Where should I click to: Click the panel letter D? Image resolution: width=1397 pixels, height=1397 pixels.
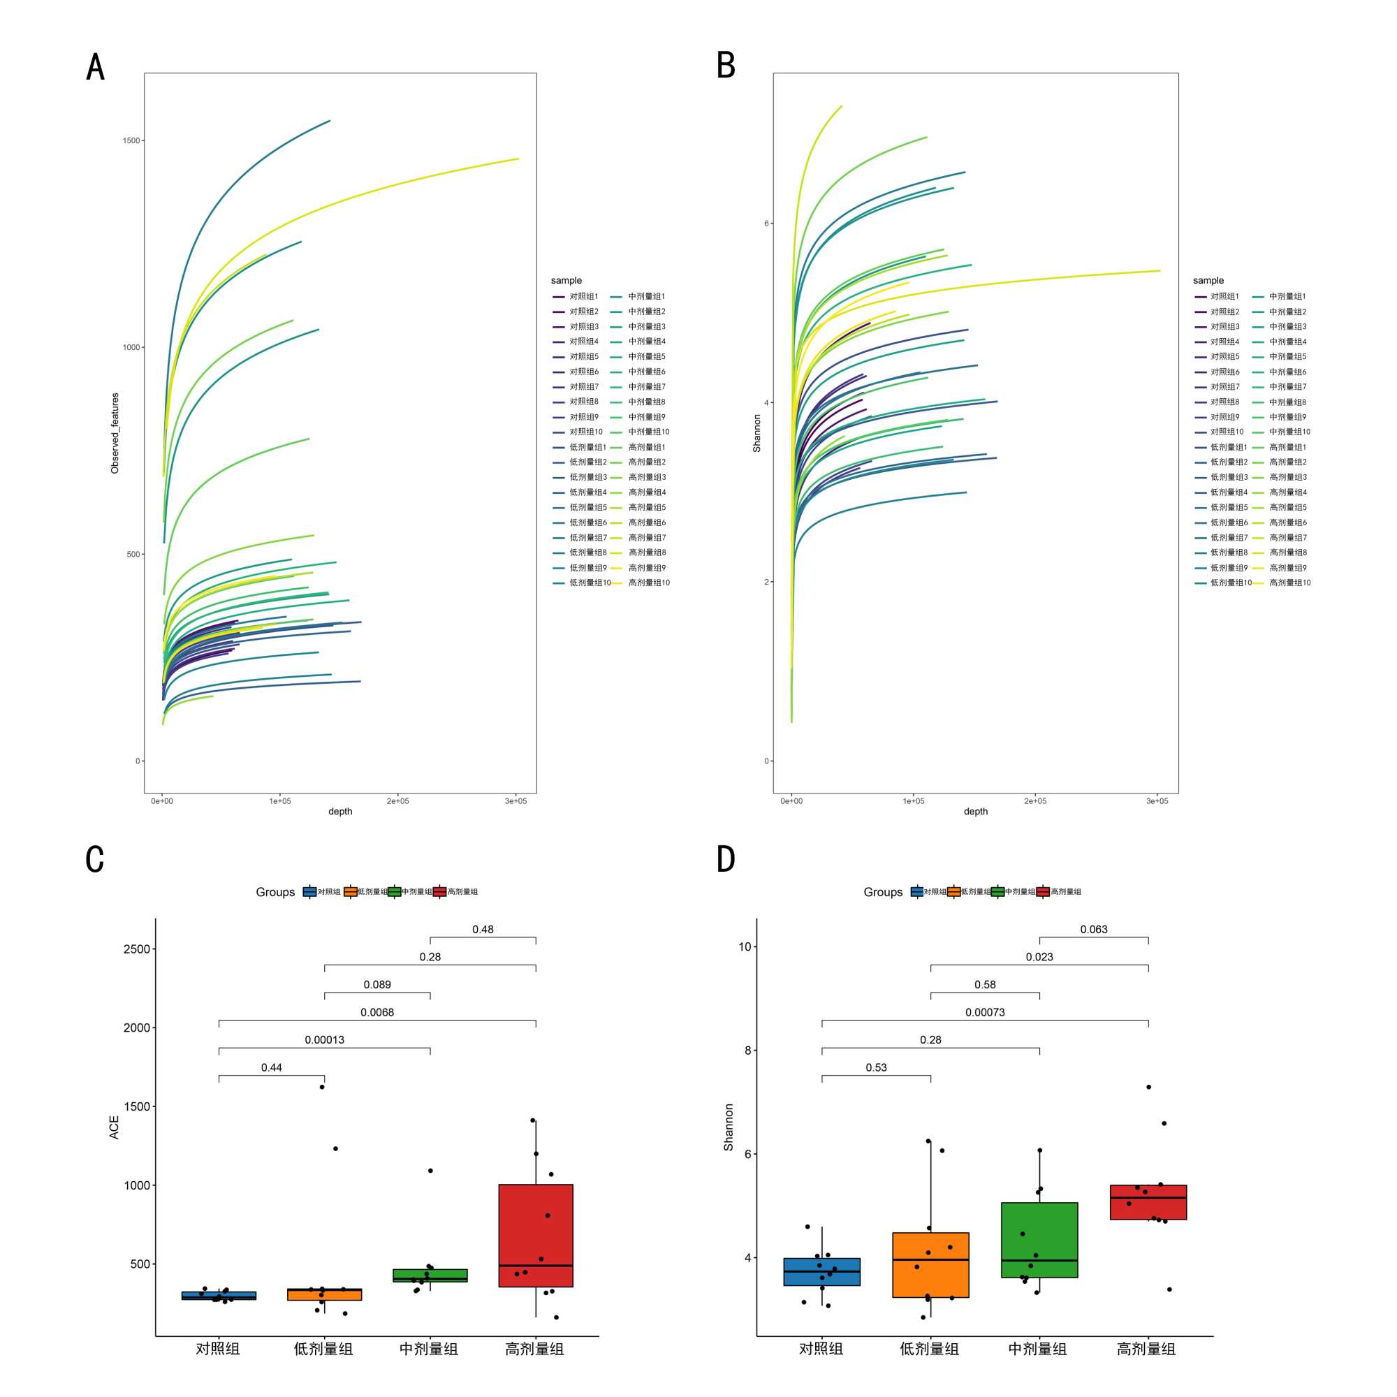tap(725, 859)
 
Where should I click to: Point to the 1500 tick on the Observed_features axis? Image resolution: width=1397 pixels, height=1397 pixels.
tap(131, 140)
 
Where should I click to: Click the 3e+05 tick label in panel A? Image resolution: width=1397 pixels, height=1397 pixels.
tap(515, 800)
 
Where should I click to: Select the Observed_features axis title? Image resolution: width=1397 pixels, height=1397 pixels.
tap(115, 433)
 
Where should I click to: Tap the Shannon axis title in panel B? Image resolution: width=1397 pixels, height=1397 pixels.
tap(757, 433)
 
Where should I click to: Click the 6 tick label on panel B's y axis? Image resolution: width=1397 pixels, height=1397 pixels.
tap(766, 224)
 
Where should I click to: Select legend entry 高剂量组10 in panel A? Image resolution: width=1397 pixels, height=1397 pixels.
tap(649, 583)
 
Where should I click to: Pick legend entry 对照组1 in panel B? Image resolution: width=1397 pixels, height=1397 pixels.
tap(1224, 296)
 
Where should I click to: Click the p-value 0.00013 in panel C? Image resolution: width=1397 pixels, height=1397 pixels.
tap(325, 1040)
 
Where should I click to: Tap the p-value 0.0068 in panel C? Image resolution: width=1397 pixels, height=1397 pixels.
tap(377, 1012)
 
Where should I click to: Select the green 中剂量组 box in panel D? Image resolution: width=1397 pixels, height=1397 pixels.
tap(1039, 1240)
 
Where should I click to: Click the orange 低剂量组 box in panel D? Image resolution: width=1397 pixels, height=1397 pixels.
tap(930, 1265)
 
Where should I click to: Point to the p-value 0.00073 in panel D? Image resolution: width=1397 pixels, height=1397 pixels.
tap(985, 1012)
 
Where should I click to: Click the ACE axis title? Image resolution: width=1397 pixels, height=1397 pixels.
tap(115, 1127)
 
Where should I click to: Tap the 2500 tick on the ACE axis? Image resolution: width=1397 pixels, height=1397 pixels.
tap(137, 949)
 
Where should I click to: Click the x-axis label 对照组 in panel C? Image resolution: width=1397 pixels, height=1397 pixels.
tap(218, 1349)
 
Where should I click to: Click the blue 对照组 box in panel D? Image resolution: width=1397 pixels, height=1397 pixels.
tap(821, 1271)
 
